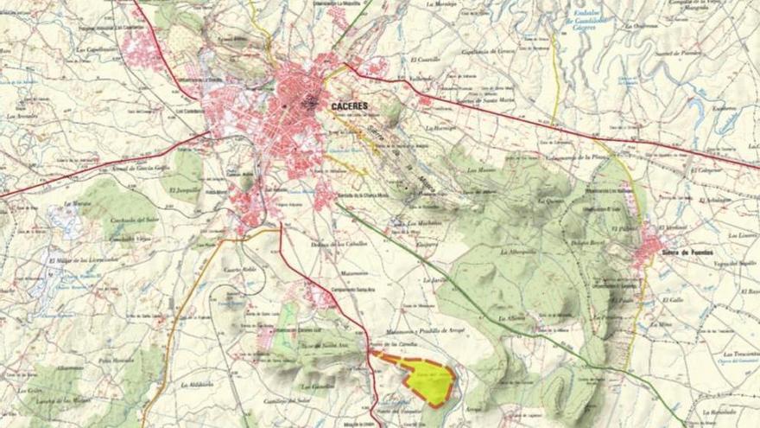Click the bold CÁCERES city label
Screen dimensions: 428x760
pos(349,105)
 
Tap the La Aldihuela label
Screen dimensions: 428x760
pos(198,382)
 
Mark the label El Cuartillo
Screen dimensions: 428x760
pos(425,60)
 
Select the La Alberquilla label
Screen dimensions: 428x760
pos(519,252)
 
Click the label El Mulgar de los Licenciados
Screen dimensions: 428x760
pos(83,259)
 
